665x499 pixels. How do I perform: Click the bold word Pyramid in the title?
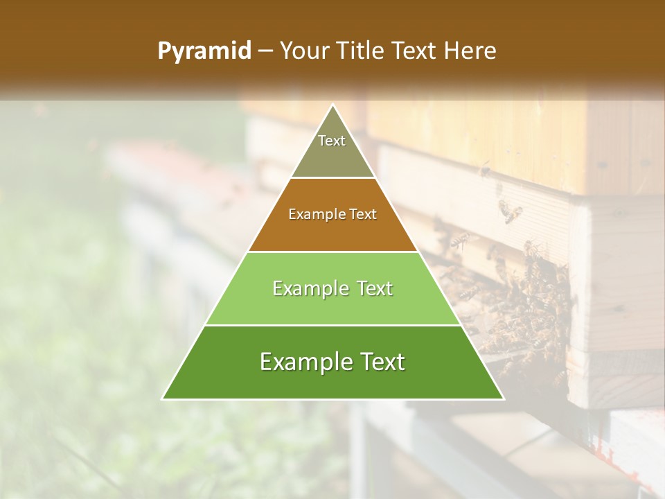204,51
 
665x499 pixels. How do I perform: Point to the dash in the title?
265,51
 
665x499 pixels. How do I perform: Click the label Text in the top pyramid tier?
332,141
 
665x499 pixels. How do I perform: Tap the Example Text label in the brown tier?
332,214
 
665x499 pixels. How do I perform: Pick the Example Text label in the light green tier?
332,288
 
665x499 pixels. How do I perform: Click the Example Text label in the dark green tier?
332,362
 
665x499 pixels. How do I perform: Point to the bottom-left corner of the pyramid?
163,399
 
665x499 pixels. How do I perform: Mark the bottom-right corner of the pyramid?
504,399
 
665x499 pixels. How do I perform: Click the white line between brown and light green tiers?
332,252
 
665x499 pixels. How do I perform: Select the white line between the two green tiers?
332,325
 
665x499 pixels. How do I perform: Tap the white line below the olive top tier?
332,178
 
